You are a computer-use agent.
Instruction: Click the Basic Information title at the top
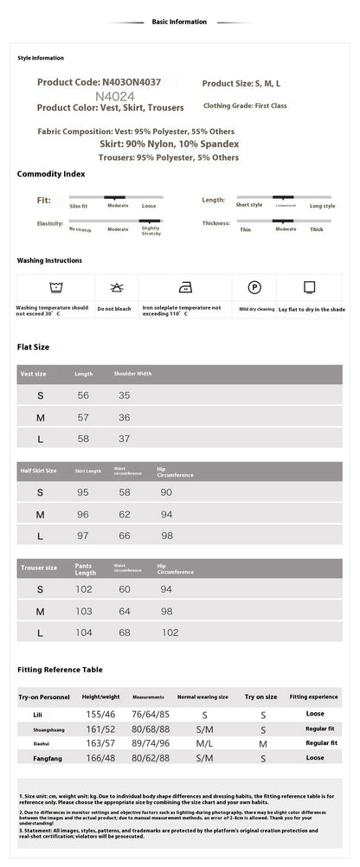179,22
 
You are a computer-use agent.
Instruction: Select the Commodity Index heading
51,174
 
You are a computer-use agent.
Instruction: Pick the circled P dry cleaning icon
254,288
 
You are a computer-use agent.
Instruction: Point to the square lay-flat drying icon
309,288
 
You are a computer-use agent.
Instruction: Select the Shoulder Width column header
132,374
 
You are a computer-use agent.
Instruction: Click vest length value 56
83,395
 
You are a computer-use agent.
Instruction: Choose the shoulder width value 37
124,439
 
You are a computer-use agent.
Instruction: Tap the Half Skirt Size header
38,471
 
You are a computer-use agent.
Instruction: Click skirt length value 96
83,514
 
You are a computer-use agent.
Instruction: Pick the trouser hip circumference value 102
170,633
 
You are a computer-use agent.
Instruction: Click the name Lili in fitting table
38,715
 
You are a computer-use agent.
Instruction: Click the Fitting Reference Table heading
60,670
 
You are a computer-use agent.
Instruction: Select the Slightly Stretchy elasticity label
150,230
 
